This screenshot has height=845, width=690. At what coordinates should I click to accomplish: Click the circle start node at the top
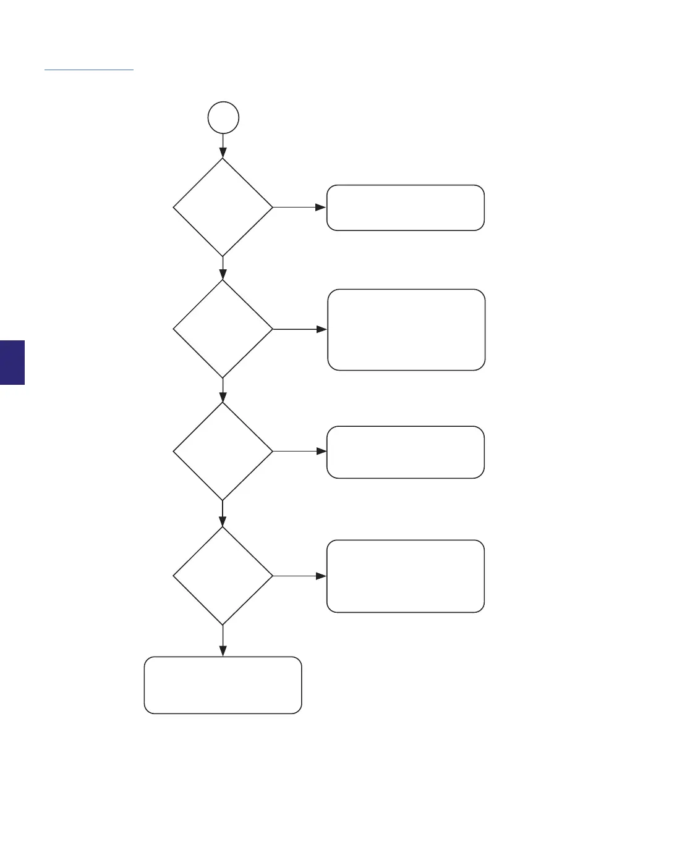tap(223, 117)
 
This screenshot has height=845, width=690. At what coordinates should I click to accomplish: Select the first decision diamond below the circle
tap(223, 207)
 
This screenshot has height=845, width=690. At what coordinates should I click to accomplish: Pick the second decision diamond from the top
tap(223, 329)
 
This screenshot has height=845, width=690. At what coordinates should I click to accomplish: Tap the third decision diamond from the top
tap(223, 452)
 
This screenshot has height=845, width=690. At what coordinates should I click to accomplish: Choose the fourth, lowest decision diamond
tap(223, 576)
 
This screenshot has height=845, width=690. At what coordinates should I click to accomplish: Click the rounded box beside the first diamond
tap(405, 208)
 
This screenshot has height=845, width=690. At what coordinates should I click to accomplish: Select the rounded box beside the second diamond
tap(406, 329)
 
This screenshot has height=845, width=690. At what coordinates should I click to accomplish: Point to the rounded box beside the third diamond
tap(405, 452)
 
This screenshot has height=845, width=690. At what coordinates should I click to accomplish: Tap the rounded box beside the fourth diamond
tap(405, 576)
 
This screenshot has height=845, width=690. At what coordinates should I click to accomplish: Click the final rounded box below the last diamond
tap(223, 684)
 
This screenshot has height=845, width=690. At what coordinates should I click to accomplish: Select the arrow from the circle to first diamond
tap(223, 146)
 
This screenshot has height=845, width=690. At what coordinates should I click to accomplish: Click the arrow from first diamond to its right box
tap(299, 208)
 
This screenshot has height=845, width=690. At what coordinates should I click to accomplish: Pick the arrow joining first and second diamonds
tap(223, 268)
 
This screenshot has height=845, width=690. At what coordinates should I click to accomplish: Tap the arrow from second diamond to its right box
tap(300, 329)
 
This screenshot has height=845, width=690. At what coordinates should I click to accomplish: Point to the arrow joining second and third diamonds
tap(223, 390)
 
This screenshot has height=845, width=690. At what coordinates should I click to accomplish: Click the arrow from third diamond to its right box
tap(299, 452)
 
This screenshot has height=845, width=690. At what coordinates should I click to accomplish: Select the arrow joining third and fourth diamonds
tap(223, 513)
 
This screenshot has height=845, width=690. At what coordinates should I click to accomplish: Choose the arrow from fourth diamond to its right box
tap(299, 576)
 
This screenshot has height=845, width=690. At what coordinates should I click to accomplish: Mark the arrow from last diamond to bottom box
tap(223, 641)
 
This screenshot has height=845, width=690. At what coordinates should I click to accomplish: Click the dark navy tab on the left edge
tap(12, 362)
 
